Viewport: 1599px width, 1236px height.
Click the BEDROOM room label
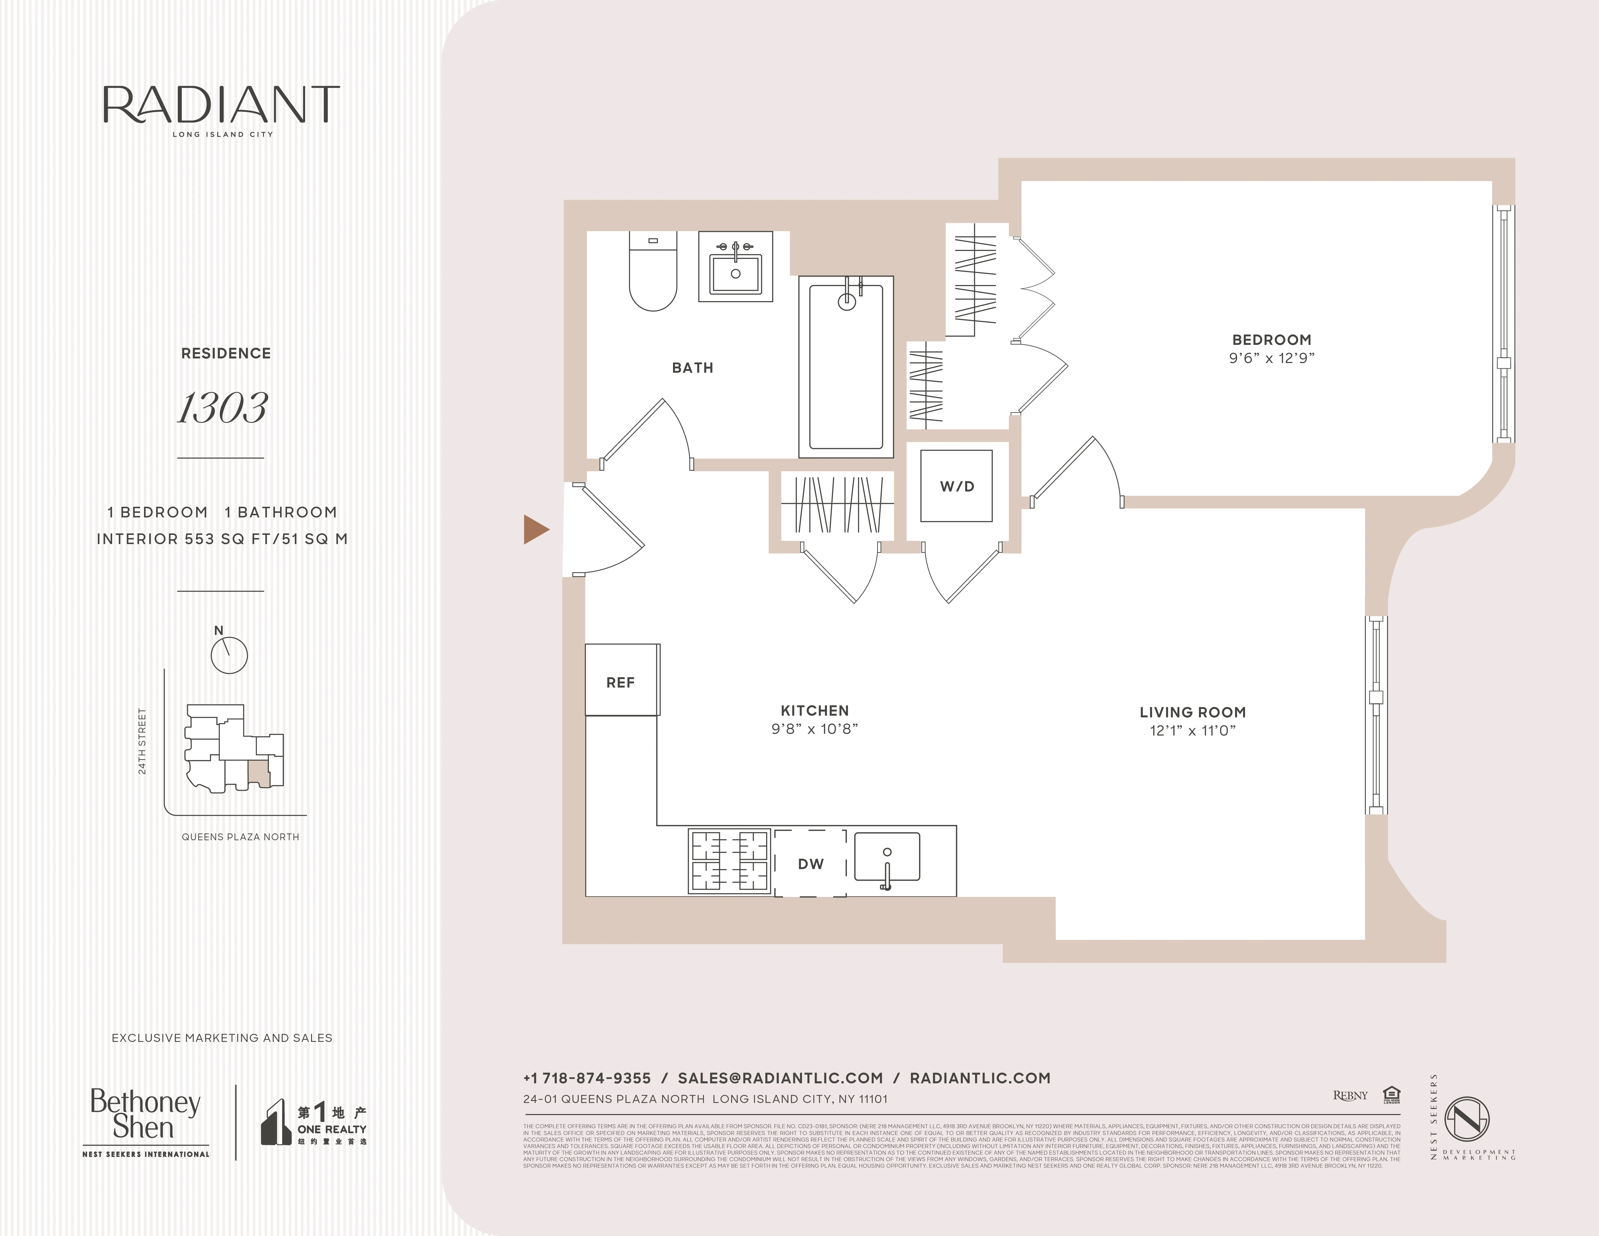[x=1272, y=340]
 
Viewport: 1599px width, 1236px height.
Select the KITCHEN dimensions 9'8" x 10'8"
[x=814, y=729]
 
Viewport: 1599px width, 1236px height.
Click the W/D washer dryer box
[x=956, y=486]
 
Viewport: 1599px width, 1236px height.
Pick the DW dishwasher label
[x=810, y=864]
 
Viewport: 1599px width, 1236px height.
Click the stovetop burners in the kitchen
[x=729, y=861]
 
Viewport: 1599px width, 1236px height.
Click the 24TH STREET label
[x=142, y=741]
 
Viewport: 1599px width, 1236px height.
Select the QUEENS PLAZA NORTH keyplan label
[x=240, y=837]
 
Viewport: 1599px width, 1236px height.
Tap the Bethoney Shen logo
[x=145, y=1114]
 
